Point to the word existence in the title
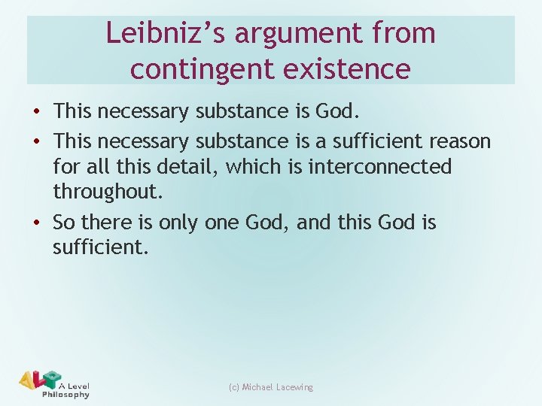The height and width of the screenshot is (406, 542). click(349, 68)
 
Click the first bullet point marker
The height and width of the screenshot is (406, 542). click(37, 113)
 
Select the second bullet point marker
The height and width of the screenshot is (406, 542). click(37, 141)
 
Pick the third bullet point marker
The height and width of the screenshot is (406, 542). click(37, 223)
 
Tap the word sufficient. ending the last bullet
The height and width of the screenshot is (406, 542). click(101, 247)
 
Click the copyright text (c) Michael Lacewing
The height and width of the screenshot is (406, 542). click(270, 387)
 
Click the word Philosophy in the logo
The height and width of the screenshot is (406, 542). click(65, 394)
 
